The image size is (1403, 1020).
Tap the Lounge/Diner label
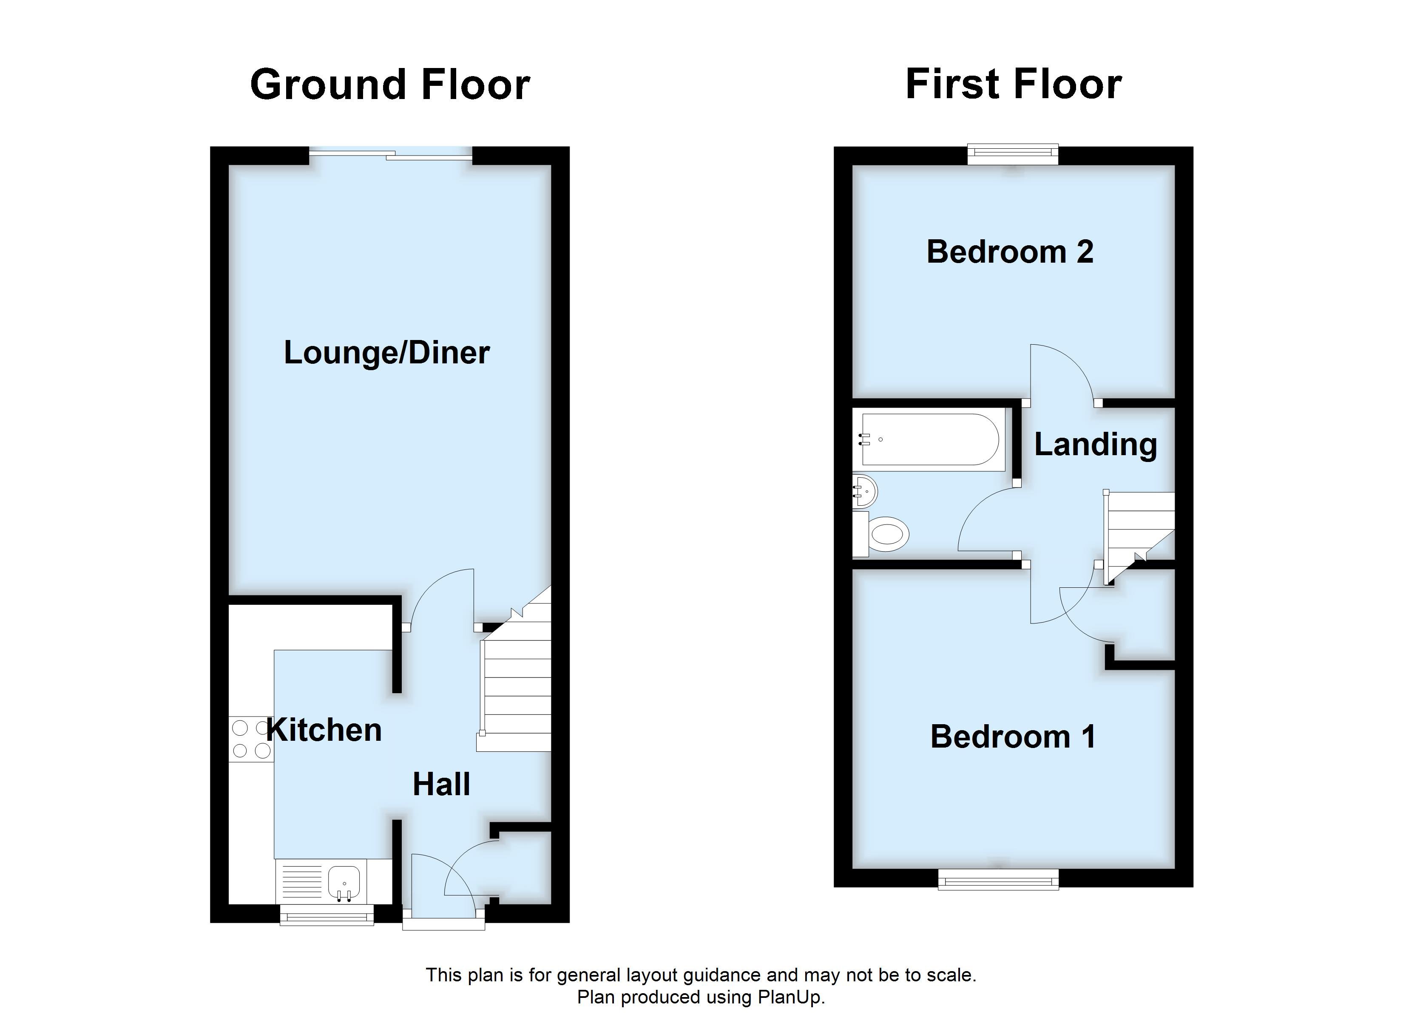click(x=386, y=353)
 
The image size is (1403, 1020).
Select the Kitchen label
click(x=324, y=730)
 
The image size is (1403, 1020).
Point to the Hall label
click(x=441, y=784)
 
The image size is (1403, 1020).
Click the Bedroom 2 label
click(x=1010, y=252)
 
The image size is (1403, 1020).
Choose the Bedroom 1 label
click(x=1013, y=737)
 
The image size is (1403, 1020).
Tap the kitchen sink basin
click(x=344, y=881)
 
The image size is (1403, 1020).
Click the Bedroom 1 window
click(x=998, y=879)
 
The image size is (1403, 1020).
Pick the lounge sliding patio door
click(x=390, y=155)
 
